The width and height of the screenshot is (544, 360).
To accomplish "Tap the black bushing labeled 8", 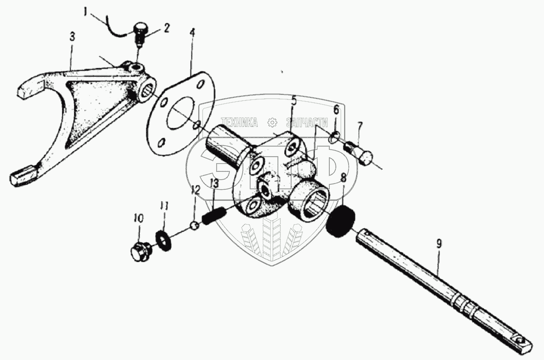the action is click(x=439, y=245).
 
